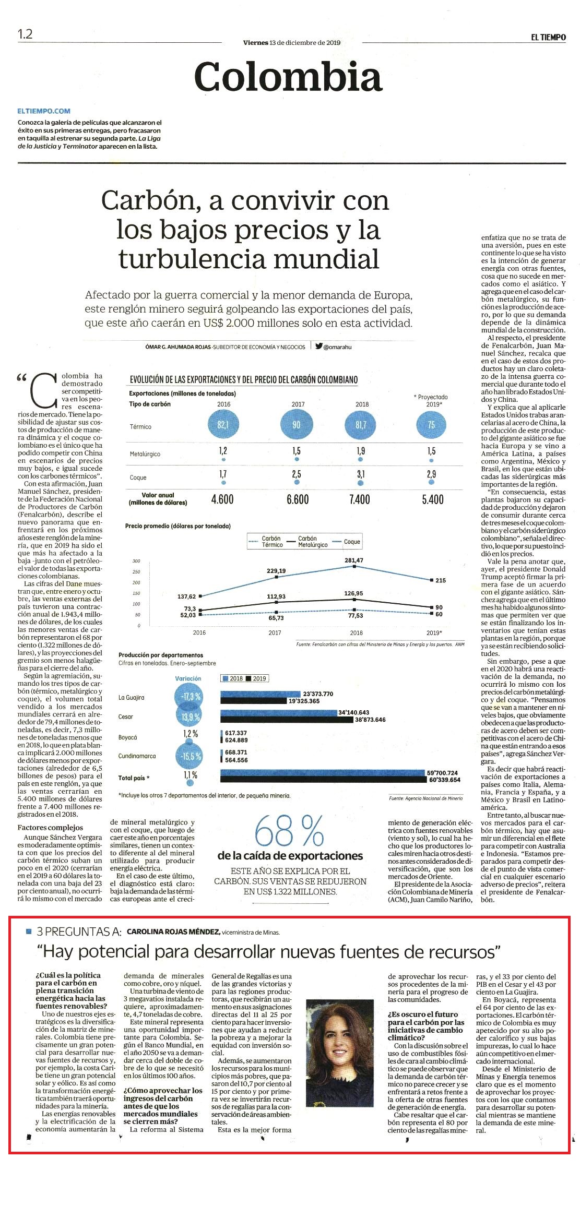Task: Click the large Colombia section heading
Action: point(289,77)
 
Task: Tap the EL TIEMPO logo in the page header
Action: point(549,37)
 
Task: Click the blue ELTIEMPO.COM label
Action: point(44,111)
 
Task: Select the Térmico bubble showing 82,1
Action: point(223,425)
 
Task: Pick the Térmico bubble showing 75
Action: point(431,425)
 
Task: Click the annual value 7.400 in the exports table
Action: point(360,499)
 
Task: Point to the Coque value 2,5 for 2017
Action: point(296,474)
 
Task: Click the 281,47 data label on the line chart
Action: point(354,560)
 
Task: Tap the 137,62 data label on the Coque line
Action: point(187,596)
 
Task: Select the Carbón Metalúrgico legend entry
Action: point(313,542)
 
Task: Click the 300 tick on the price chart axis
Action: point(136,561)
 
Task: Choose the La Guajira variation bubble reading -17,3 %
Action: point(191,697)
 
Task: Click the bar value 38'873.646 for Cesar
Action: point(370,720)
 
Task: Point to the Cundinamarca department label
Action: point(137,756)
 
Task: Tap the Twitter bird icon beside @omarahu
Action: point(318,345)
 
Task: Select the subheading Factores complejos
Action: point(50,827)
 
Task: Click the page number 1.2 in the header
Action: point(25,34)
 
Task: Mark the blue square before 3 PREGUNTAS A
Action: point(29,931)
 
